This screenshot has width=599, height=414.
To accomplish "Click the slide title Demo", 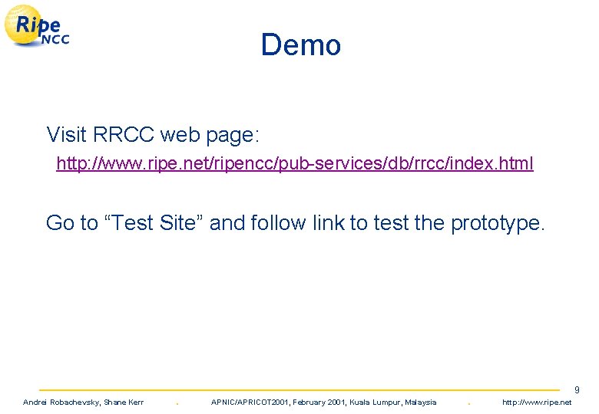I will coord(300,44).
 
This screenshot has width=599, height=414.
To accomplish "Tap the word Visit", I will coord(66,135).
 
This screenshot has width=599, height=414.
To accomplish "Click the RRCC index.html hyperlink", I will coord(295,163).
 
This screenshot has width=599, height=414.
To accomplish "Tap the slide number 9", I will coord(577,390).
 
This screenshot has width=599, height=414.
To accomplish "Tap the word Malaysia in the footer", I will coord(420,402).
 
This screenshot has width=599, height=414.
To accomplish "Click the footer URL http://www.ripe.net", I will coord(541,402).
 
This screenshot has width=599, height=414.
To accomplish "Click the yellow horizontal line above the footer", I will coord(299,390).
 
